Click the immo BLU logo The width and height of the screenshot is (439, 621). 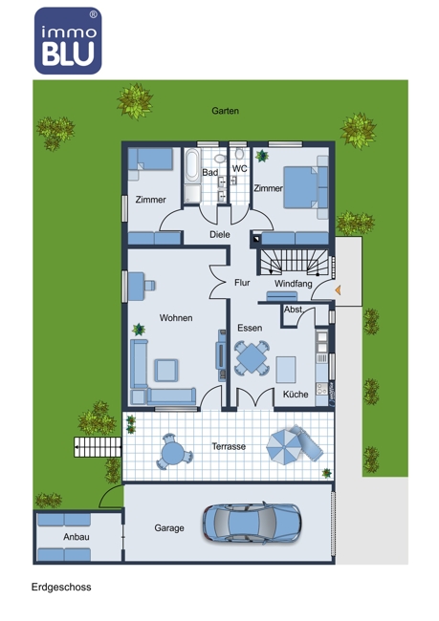(68, 41)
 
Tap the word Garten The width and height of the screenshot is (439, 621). (226, 111)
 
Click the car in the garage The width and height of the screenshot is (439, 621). (252, 524)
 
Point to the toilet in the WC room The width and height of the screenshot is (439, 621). (239, 154)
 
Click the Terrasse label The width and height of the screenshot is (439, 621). (229, 447)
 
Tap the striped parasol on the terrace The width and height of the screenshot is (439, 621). (284, 447)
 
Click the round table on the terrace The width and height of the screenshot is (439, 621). (173, 452)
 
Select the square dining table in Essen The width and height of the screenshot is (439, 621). (252, 358)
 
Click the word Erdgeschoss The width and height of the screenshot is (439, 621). (61, 587)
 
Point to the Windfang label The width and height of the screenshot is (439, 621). (293, 284)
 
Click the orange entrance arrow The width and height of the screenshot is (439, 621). (338, 290)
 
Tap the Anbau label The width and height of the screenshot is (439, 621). (77, 537)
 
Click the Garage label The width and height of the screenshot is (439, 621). (169, 528)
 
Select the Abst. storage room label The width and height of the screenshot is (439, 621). (293, 310)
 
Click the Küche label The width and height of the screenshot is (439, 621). (296, 395)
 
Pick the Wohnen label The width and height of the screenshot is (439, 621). (176, 318)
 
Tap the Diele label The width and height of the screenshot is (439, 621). (220, 234)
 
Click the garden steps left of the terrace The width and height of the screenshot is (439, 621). (98, 447)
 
